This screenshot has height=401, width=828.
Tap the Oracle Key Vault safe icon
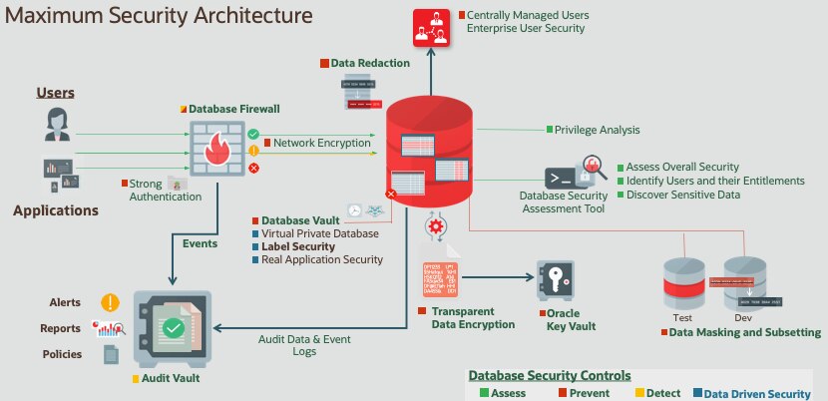[x=557, y=280]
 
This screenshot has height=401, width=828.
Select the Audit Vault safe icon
[x=173, y=328]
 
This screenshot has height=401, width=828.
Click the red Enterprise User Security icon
[x=432, y=27]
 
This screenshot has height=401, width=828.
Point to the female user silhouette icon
[x=56, y=124]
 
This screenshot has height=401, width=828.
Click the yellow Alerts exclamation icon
[x=110, y=302]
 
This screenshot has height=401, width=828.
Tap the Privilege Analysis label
[x=598, y=130]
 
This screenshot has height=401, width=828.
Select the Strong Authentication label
[x=145, y=190]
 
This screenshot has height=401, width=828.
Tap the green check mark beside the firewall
[x=253, y=134]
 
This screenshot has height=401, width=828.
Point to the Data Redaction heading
[x=370, y=63]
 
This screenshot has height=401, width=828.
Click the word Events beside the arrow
[x=201, y=243]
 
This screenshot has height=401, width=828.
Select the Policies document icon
[x=111, y=354]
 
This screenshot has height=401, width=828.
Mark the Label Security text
[x=298, y=246]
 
